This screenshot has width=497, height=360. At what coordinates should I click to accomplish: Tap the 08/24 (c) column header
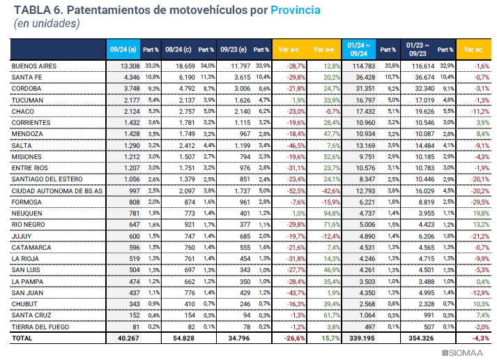click(178, 50)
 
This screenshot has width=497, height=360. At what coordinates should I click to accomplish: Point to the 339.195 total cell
click(362, 338)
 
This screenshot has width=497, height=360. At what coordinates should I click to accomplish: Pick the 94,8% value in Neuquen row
click(329, 213)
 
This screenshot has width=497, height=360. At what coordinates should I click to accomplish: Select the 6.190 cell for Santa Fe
click(183, 77)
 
